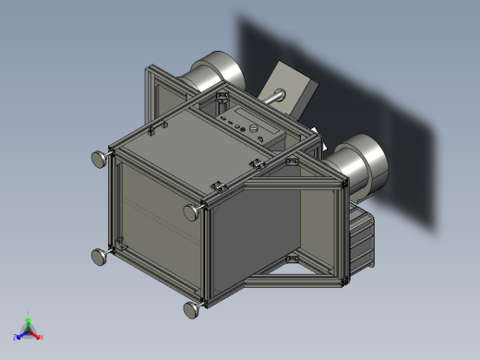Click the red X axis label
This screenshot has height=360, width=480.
point(42,337)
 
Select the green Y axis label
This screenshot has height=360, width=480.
point(28,313)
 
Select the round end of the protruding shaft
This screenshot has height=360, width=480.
point(273,94)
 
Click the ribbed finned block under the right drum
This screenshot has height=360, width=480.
point(361,242)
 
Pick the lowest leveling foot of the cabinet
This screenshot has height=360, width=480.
point(192,309)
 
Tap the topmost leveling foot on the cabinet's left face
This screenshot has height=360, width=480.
point(97,160)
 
